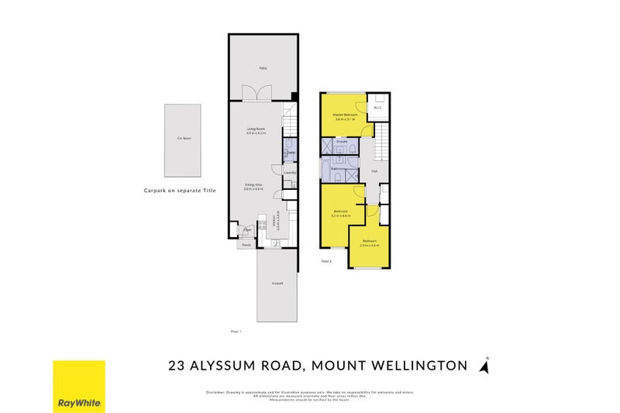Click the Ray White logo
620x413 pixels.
[x=78, y=386]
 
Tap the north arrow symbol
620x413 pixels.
[x=486, y=365]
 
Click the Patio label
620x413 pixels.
[x=263, y=68]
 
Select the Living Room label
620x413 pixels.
[x=256, y=129]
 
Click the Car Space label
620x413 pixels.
[x=183, y=139]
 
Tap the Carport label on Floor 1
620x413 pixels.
[x=277, y=284]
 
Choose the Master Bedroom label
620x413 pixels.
[x=345, y=115]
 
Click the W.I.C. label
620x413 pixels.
[x=377, y=108]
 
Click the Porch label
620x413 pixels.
[x=246, y=245]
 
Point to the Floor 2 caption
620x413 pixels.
[x=326, y=262]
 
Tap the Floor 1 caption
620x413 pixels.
[x=236, y=332]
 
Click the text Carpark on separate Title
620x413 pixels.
[x=180, y=190]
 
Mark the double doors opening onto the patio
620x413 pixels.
[x=257, y=93]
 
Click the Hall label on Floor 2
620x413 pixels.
[x=374, y=171]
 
